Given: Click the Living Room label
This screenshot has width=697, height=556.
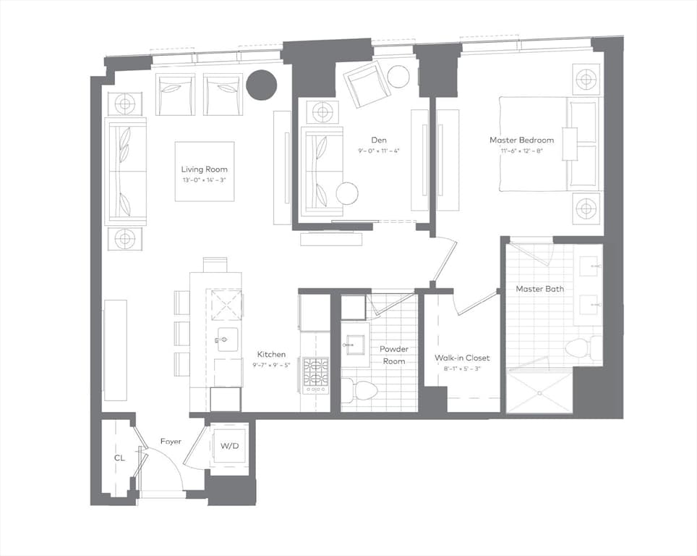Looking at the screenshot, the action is [x=204, y=169].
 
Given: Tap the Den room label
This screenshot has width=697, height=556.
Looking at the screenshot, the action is [x=379, y=140].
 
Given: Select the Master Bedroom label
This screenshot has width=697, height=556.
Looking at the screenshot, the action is [x=521, y=140].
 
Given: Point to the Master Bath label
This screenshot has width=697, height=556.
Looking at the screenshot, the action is [x=539, y=289].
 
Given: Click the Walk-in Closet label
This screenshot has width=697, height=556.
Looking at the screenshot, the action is [x=462, y=358].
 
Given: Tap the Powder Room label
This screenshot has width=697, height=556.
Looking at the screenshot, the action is [x=393, y=355].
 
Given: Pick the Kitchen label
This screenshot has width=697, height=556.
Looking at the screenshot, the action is [x=271, y=354].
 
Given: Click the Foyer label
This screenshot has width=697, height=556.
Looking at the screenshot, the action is [x=171, y=442].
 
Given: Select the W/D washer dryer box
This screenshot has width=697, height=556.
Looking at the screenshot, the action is [x=229, y=446].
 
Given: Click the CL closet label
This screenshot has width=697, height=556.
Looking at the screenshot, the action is [x=119, y=458].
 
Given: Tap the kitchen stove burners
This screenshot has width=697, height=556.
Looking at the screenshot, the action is [x=316, y=371].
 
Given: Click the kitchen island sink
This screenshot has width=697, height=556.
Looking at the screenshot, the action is [x=227, y=340].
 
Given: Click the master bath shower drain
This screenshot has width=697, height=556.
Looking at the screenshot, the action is [x=539, y=393].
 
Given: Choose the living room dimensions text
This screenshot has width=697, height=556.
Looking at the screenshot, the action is [x=204, y=180].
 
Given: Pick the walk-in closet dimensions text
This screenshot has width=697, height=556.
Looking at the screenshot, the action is [x=462, y=368].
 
